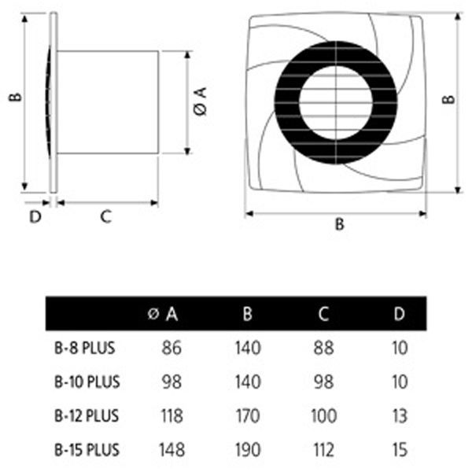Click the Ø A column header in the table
163,315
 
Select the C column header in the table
323,314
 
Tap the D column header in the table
400,314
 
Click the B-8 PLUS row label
85,348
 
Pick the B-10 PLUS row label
87,382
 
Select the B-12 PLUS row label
87,415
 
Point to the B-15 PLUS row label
87,450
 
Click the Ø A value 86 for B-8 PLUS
171,348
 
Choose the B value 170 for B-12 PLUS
248,415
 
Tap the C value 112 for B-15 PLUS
323,450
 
